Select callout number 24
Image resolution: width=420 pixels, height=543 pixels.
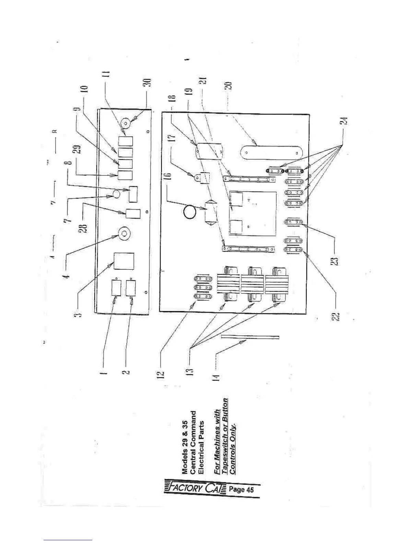point(346,121)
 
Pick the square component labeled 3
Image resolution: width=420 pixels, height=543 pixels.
point(124,262)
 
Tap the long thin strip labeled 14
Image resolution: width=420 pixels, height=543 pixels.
point(250,337)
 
